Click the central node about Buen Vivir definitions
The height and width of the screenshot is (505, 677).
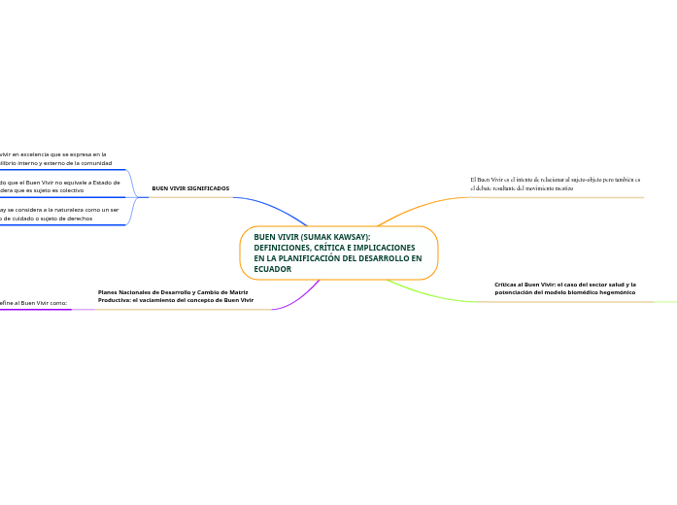click(338, 252)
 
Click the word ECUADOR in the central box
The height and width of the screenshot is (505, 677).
click(273, 269)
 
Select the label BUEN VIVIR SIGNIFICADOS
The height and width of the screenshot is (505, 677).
click(190, 188)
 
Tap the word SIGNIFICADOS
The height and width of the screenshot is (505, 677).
click(208, 188)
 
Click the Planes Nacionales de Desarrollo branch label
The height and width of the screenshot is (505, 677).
click(175, 296)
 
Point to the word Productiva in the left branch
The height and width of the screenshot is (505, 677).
click(118, 300)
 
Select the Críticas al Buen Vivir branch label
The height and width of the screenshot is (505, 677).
click(564, 288)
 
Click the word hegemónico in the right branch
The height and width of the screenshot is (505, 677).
click(616, 292)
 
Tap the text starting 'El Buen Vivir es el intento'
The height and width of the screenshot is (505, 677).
click(555, 184)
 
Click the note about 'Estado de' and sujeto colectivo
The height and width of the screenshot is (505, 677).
click(60, 186)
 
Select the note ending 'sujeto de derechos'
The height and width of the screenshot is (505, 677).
click(60, 214)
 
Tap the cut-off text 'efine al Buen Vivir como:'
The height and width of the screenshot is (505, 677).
click(34, 303)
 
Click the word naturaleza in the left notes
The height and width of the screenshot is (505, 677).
click(68, 209)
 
